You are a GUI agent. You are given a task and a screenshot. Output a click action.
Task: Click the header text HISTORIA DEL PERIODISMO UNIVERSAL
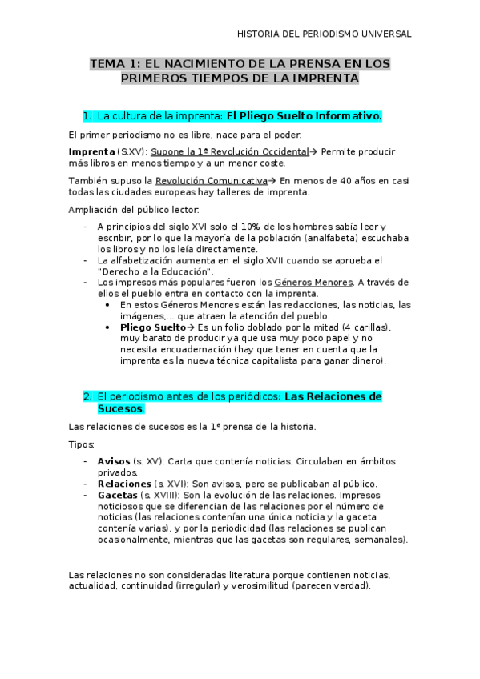pos(325,34)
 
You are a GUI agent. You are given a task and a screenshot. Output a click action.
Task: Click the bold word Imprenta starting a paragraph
pos(91,151)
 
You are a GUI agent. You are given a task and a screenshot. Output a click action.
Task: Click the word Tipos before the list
pos(82,444)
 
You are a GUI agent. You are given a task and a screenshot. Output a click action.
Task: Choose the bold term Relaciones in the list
pos(123,484)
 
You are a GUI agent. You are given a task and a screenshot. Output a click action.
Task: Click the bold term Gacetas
pos(117,495)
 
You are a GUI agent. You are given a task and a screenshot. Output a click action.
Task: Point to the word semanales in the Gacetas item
pos(380,540)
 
